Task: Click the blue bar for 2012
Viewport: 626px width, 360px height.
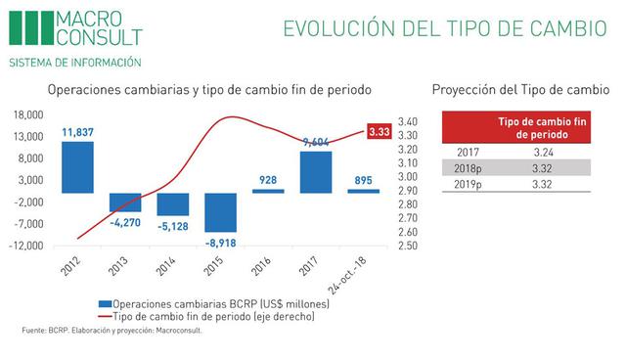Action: tap(78, 167)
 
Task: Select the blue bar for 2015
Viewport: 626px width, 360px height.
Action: tap(220, 212)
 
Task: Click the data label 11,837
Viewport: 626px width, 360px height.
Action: tap(78, 132)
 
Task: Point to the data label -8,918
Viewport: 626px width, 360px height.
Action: tap(220, 241)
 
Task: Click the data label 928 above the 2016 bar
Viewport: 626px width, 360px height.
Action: tap(268, 179)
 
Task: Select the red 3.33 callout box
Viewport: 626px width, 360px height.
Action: tap(380, 131)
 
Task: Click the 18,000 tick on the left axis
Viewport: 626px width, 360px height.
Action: tap(29, 113)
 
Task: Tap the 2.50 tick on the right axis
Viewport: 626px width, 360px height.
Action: tap(410, 246)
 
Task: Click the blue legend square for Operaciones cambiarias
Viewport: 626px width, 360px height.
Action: tap(105, 305)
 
